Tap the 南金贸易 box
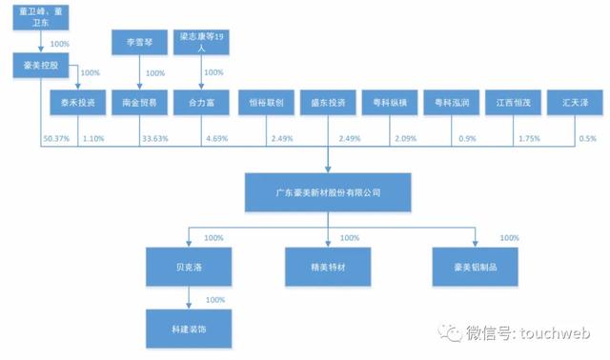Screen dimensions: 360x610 click(x=140, y=102)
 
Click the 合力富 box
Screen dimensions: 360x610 click(x=201, y=102)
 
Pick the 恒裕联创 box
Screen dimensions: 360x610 click(x=264, y=102)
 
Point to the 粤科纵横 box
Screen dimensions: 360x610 click(x=390, y=102)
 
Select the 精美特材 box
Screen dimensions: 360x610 click(x=328, y=266)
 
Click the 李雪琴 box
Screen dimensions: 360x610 click(x=140, y=44)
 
